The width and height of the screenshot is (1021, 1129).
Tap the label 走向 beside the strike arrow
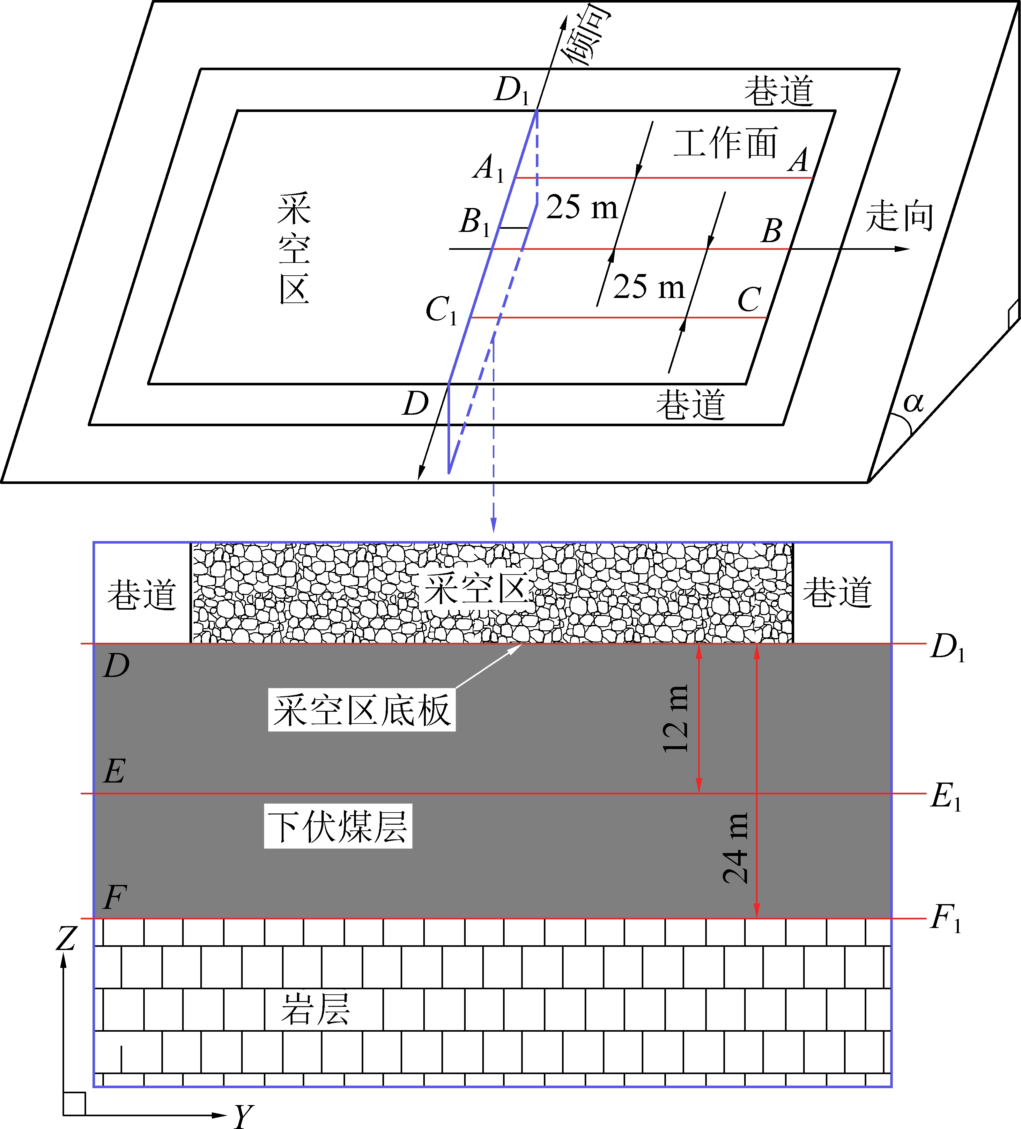tap(899, 217)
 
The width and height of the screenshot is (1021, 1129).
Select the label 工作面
tap(726, 143)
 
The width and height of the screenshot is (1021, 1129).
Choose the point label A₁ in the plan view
tap(489, 168)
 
